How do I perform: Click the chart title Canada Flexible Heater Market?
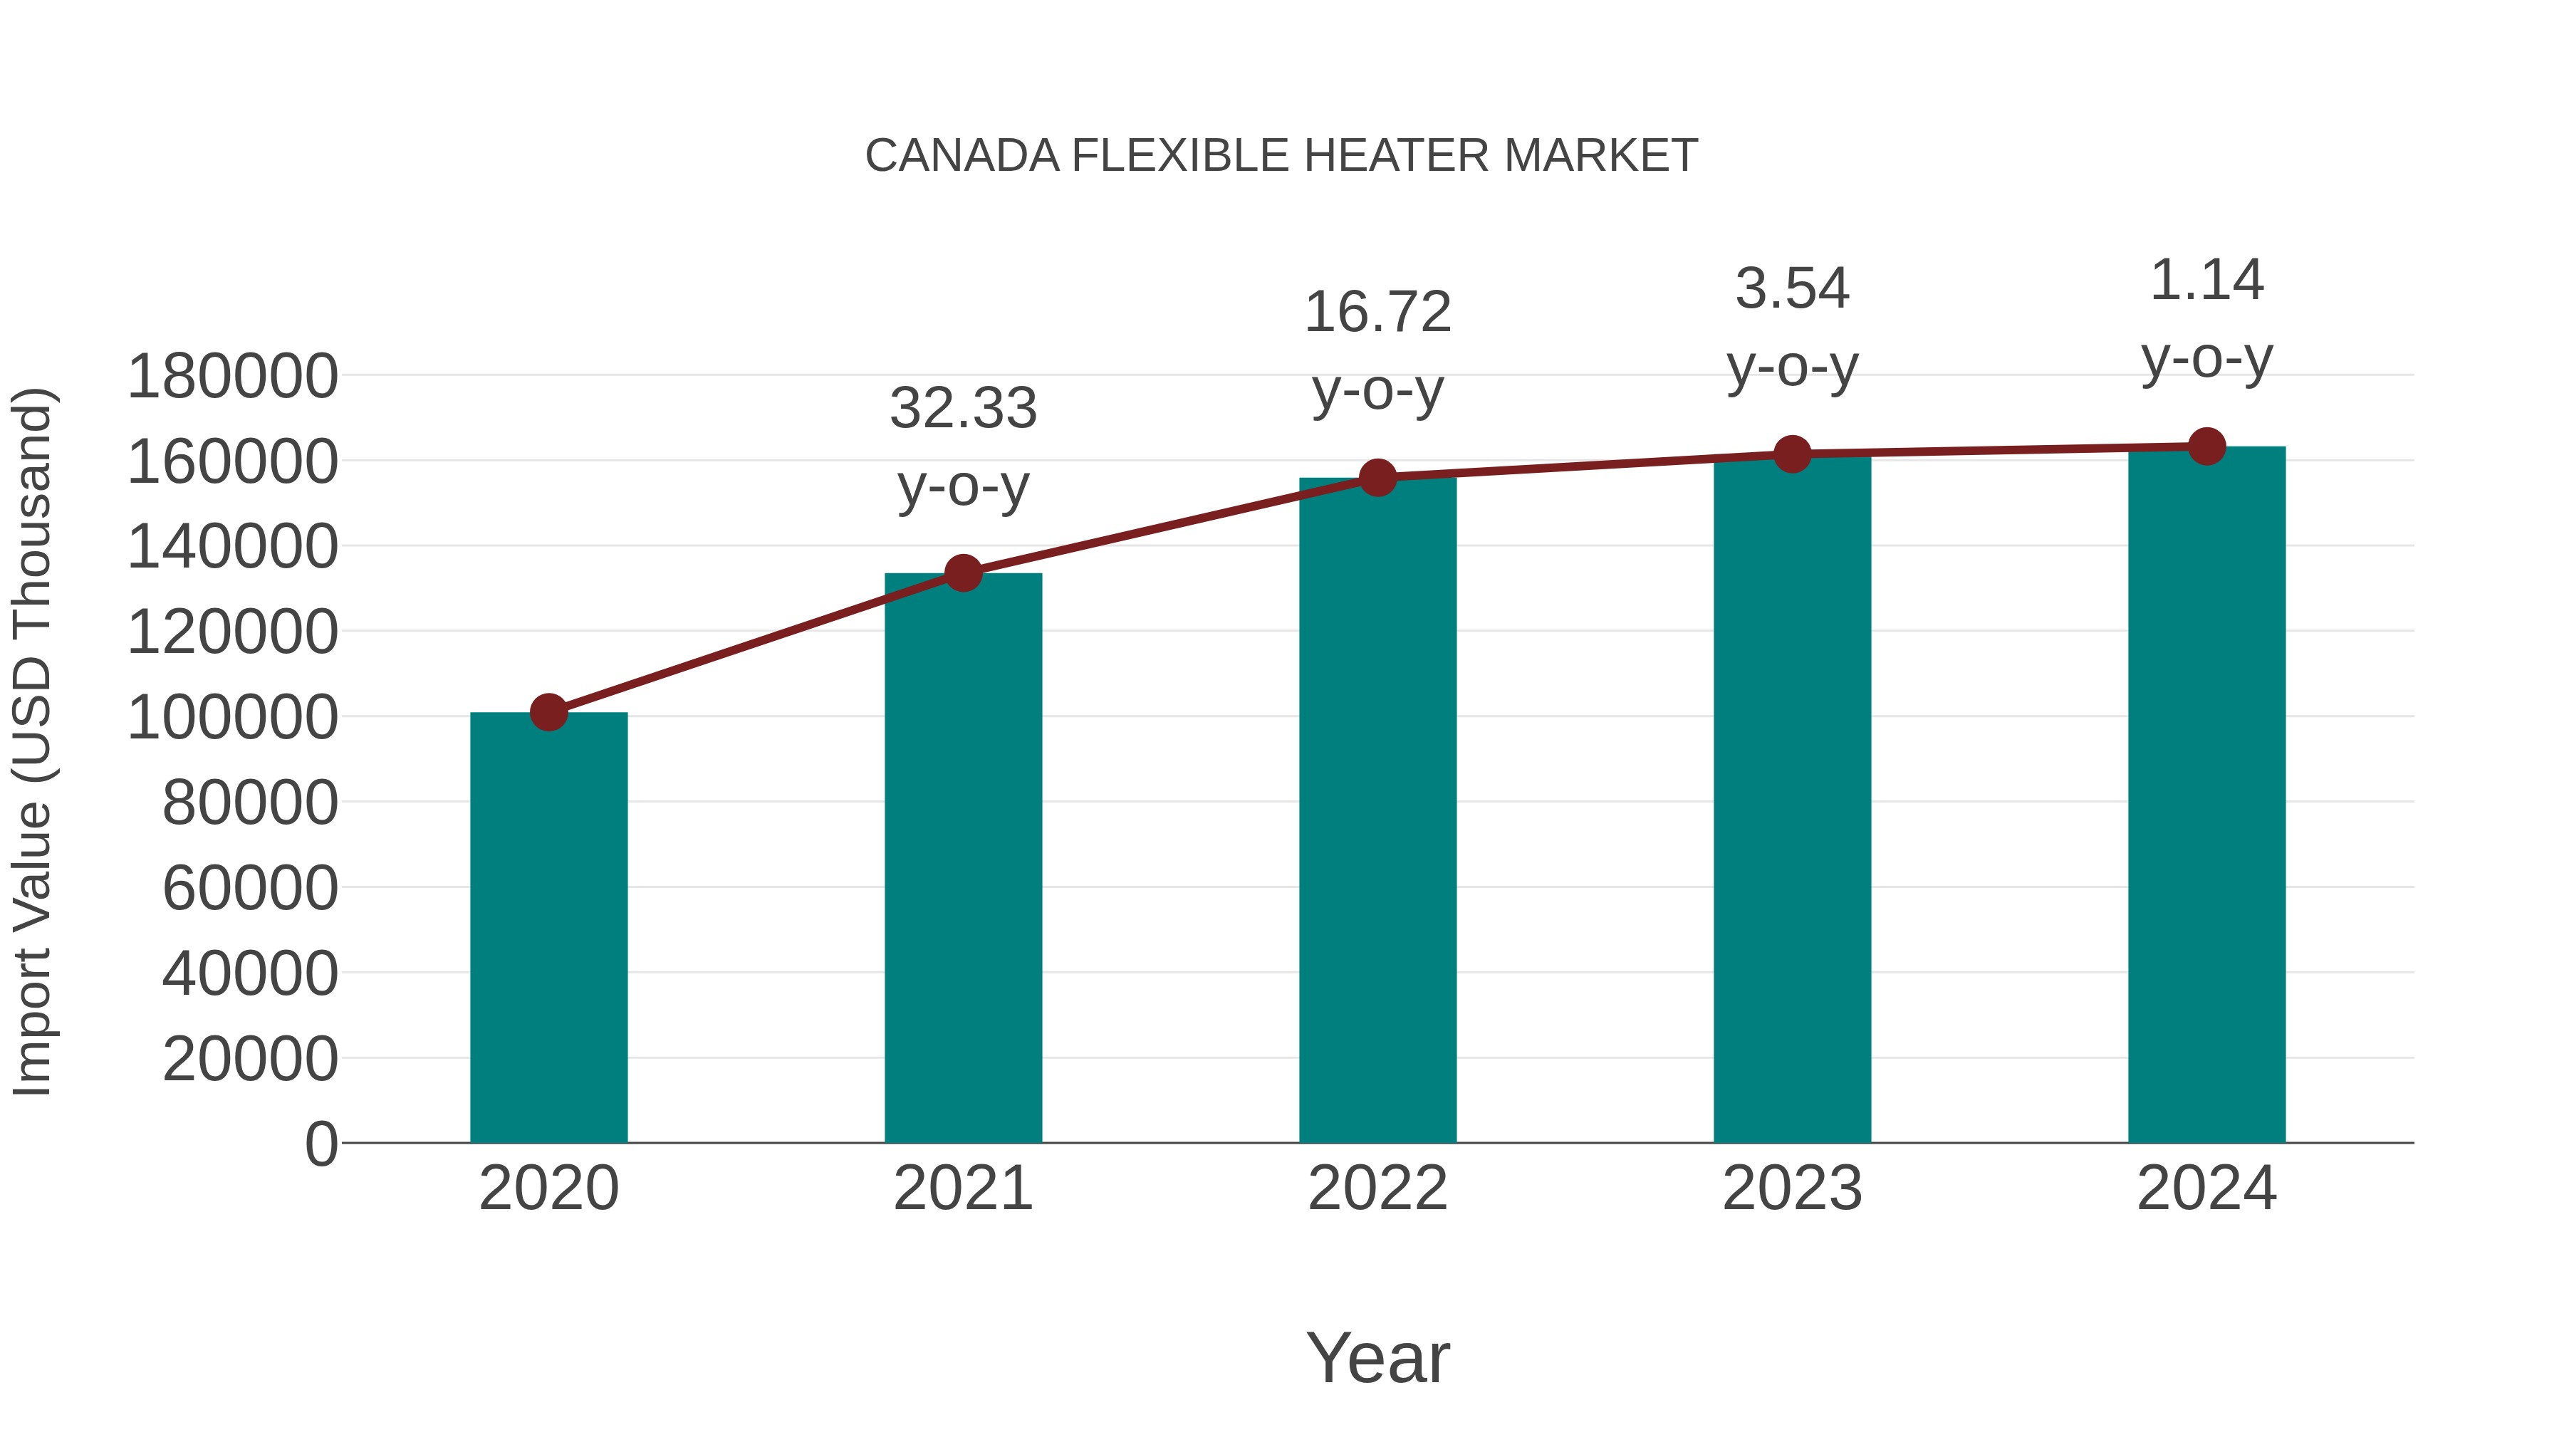coord(1281,156)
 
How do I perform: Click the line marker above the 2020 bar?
coord(548,713)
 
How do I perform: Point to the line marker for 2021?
coord(964,573)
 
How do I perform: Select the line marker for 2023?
coord(1792,455)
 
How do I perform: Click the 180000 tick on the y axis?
coord(233,377)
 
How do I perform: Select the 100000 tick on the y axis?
coord(233,718)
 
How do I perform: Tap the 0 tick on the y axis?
coord(321,1144)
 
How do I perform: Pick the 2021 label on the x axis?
coord(964,1188)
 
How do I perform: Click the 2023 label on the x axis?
coord(1792,1188)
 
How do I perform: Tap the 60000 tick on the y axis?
coord(250,888)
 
